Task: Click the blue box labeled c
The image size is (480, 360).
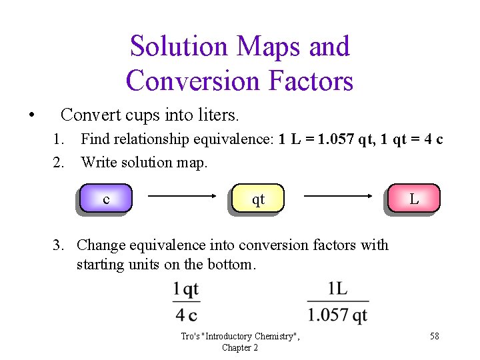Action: click(105, 199)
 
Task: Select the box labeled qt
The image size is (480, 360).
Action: click(258, 199)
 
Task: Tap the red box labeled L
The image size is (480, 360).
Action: click(413, 199)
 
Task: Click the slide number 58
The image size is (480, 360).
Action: click(434, 336)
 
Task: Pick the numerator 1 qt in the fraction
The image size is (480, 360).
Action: click(186, 290)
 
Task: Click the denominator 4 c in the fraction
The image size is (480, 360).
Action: click(186, 314)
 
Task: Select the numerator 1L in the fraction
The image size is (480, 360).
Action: click(337, 290)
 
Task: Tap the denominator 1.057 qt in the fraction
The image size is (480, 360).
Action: click(337, 314)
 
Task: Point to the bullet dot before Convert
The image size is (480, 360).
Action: click(31, 115)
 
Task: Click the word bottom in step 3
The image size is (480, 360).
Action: click(229, 264)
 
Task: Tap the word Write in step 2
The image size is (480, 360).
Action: click(97, 162)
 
